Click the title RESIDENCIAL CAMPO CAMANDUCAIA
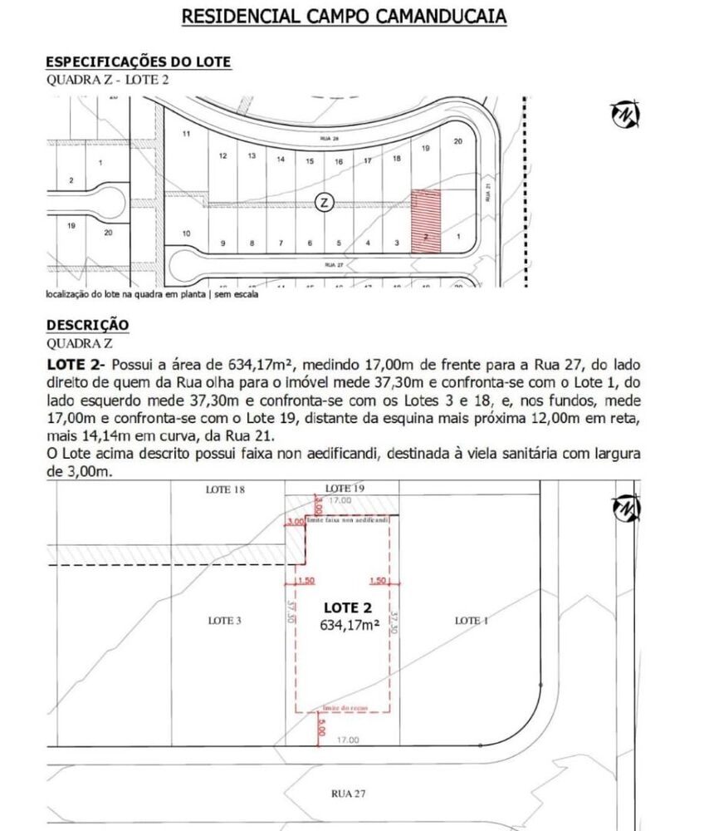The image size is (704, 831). [344, 17]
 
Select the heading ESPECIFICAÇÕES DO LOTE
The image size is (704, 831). [138, 62]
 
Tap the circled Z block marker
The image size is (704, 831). [325, 202]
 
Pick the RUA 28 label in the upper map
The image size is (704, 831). [330, 139]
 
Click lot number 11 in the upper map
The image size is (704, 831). [187, 135]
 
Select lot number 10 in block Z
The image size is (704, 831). [186, 234]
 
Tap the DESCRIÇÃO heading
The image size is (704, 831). [87, 324]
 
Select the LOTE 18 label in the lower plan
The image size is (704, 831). [224, 490]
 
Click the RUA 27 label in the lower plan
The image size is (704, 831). [342, 794]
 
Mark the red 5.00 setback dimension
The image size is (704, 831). [319, 725]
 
